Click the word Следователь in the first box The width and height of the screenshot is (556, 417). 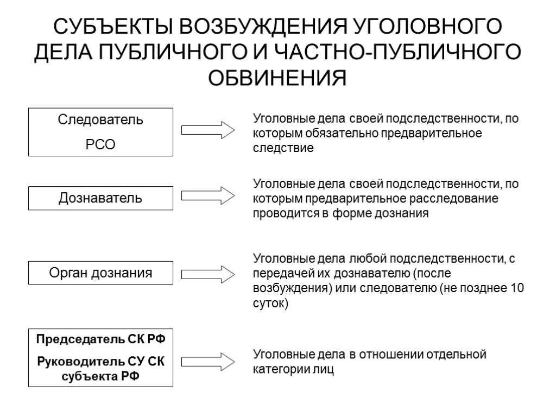click(100, 119)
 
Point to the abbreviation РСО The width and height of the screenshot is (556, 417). click(100, 145)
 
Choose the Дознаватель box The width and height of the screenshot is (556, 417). click(100, 198)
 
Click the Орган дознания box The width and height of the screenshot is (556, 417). click(100, 273)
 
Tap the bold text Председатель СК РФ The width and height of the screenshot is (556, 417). click(100, 339)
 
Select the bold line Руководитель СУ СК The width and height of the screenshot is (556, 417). click(100, 361)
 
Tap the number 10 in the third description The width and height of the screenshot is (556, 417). click(517, 288)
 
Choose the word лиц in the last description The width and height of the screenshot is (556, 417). click(325, 370)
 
